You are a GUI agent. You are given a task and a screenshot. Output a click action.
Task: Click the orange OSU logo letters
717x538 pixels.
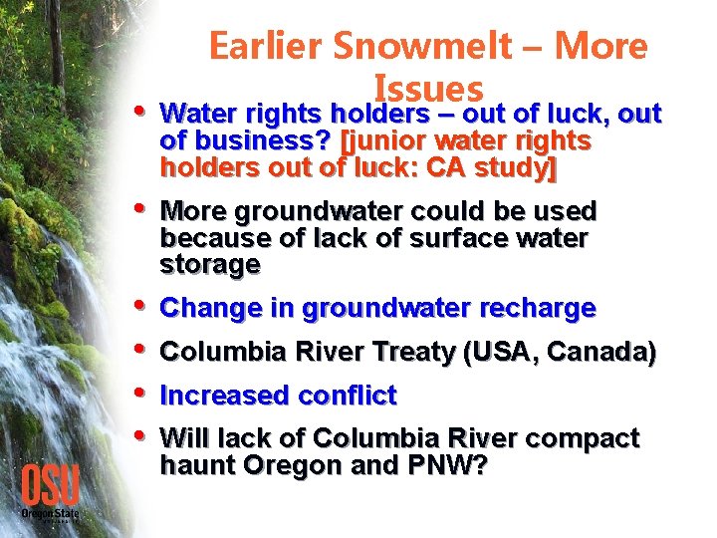pyautogui.click(x=51, y=486)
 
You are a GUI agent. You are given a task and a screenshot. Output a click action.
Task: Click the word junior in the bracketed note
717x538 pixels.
pyautogui.click(x=383, y=141)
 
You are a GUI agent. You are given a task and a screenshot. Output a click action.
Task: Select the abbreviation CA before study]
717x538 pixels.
pyautogui.click(x=446, y=167)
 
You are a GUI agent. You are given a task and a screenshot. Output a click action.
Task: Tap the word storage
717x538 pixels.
pyautogui.click(x=210, y=264)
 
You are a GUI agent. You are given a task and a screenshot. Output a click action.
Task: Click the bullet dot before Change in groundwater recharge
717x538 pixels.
pyautogui.click(x=136, y=306)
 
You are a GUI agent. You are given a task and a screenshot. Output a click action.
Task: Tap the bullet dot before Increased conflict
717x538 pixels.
pyautogui.click(x=136, y=393)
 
